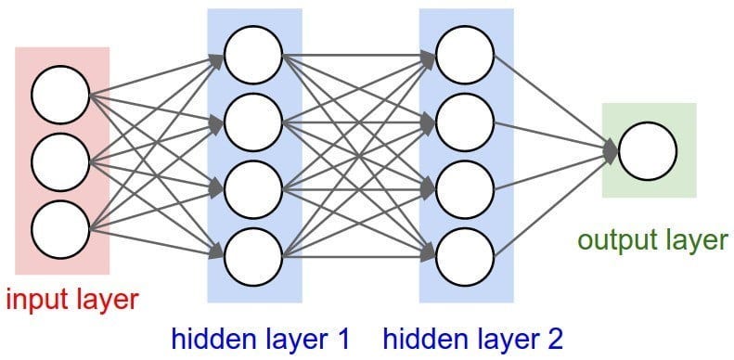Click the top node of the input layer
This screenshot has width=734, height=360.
click(60, 95)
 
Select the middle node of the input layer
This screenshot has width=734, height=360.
click(60, 161)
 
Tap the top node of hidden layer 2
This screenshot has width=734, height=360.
click(465, 54)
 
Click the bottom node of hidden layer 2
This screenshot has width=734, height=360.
click(465, 251)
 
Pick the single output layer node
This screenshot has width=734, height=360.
click(647, 151)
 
